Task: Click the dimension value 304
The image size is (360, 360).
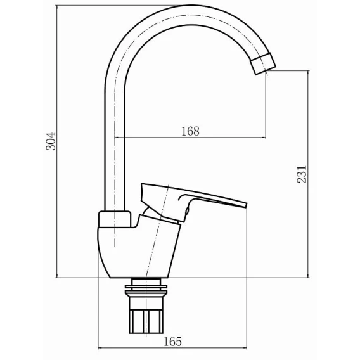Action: coord(51,141)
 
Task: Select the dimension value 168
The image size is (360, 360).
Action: coord(190,131)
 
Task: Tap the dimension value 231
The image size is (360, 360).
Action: coord(302,174)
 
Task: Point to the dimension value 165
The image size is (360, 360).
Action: coord(172,342)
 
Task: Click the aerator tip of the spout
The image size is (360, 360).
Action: coord(263,63)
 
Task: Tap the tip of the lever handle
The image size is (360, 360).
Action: coord(246,205)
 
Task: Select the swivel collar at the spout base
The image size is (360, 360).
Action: coord(115,219)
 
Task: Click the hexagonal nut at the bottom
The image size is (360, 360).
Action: coord(146,321)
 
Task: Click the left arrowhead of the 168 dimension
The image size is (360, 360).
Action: coord(117,138)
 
